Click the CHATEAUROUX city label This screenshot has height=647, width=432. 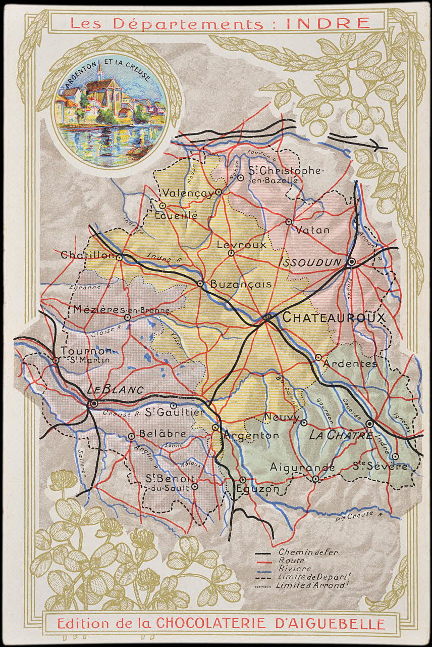point(334,317)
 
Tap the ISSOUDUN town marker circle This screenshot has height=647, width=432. point(352,262)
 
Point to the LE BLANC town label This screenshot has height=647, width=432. point(115,390)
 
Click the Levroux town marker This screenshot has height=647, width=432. point(231,253)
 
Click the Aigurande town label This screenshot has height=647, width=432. point(302,468)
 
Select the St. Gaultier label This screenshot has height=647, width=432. point(174,413)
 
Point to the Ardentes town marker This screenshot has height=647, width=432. point(318,357)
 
